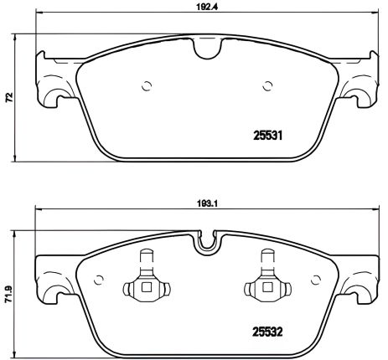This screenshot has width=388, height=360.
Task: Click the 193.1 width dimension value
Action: [x=203, y=202]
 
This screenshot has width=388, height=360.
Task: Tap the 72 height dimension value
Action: [x=8, y=98]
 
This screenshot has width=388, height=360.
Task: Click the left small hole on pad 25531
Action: [x=147, y=85]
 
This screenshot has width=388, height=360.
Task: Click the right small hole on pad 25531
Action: [x=267, y=85]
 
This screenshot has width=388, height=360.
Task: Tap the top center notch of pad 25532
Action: [x=204, y=244]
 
